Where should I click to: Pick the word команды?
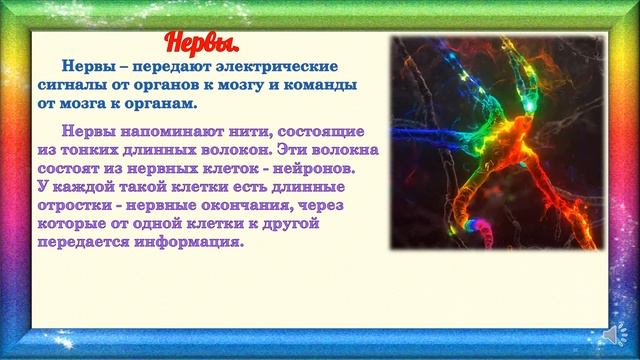point(323,86)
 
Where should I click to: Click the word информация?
point(189,242)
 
